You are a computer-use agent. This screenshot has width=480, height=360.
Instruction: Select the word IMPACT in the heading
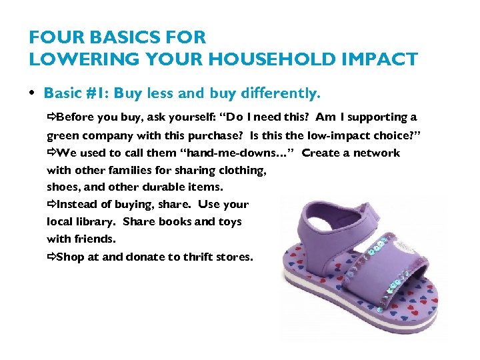tap(380, 59)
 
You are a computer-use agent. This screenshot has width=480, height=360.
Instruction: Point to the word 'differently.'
tap(283, 93)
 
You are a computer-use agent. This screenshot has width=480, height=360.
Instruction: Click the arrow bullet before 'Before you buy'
tap(51, 117)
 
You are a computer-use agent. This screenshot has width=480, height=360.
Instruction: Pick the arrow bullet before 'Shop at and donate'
tap(51, 257)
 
